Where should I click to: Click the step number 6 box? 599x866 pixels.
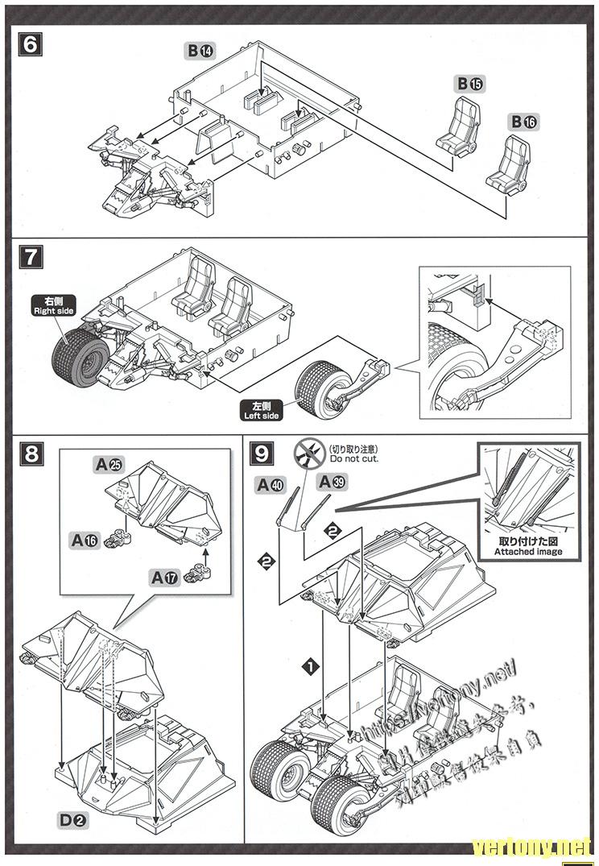[30, 44]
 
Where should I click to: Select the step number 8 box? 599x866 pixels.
[31, 453]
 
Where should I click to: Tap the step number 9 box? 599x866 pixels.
[262, 453]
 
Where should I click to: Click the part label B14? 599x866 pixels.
[201, 51]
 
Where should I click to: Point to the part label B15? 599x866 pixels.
[471, 83]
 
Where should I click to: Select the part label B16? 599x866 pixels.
[524, 122]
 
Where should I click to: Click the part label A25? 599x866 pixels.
[109, 464]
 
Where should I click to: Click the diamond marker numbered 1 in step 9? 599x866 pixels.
[309, 665]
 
